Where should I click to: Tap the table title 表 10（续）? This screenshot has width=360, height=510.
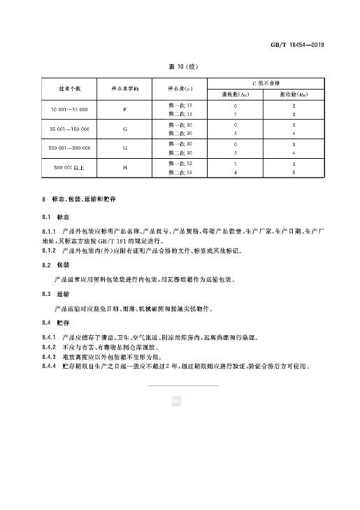(180, 66)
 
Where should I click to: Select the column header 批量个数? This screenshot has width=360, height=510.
(69, 90)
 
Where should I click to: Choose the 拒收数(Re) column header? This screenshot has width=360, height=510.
(293, 94)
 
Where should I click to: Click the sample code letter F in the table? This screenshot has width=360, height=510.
(125, 111)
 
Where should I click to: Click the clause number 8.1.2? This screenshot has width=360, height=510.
(48, 250)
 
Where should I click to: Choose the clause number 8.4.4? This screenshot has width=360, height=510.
(48, 366)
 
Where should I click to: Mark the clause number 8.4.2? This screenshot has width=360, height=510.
(48, 346)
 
